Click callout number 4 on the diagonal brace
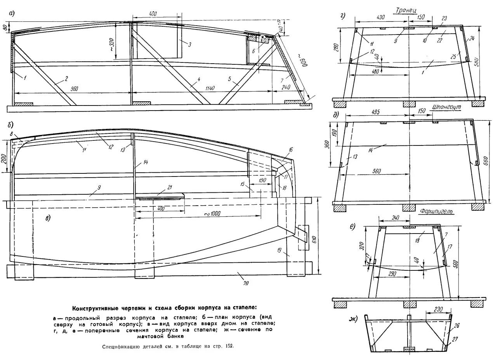pyautogui.click(x=198, y=80)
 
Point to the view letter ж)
pyautogui.click(x=353, y=319)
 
